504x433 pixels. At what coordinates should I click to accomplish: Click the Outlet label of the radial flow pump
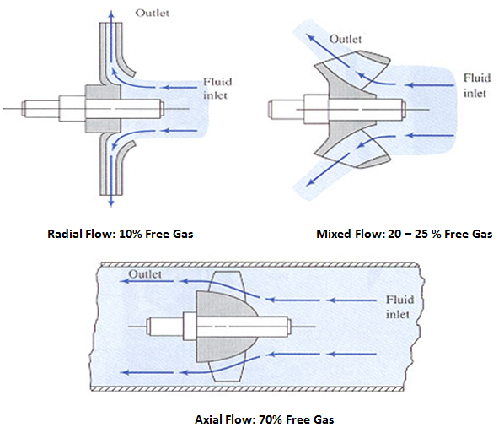pyautogui.click(x=152, y=13)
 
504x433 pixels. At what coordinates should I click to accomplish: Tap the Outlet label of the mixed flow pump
pyautogui.click(x=346, y=40)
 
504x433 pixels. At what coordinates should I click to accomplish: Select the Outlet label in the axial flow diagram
pyautogui.click(x=145, y=274)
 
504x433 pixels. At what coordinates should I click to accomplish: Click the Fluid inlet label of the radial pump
pyautogui.click(x=217, y=89)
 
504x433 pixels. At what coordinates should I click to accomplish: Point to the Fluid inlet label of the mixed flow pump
pyautogui.click(x=477, y=85)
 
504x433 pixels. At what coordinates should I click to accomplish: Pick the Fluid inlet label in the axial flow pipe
pyautogui.click(x=399, y=306)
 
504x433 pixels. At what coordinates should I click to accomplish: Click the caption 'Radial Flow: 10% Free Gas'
pyautogui.click(x=121, y=234)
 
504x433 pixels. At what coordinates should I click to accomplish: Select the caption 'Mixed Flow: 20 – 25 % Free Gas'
pyautogui.click(x=404, y=234)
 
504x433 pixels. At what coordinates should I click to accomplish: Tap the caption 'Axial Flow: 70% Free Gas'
pyautogui.click(x=264, y=419)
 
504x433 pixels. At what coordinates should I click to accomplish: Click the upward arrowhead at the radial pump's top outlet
pyautogui.click(x=111, y=13)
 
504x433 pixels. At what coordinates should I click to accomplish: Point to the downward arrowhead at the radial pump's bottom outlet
pyautogui.click(x=111, y=203)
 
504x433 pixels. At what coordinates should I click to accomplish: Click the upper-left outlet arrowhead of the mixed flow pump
pyautogui.click(x=309, y=36)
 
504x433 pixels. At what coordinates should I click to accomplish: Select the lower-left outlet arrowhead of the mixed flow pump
pyautogui.click(x=309, y=182)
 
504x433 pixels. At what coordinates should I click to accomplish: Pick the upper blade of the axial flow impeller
pyautogui.click(x=227, y=281)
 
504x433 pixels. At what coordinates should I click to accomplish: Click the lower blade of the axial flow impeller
pyautogui.click(x=227, y=372)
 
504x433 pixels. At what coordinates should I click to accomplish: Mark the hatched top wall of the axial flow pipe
pyautogui.click(x=260, y=265)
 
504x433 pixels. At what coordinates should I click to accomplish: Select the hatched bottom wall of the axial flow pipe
pyautogui.click(x=247, y=389)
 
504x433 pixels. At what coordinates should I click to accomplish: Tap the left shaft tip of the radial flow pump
pyautogui.click(x=23, y=109)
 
